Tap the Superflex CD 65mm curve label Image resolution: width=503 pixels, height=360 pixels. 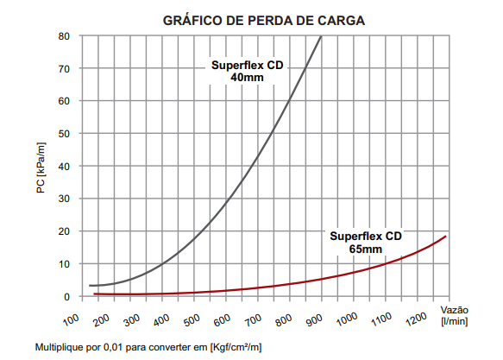(x=366, y=242)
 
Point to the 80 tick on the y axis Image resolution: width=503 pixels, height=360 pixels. (x=64, y=36)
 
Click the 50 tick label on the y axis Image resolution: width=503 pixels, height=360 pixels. (x=64, y=134)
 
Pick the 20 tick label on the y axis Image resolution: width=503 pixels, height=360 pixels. (x=64, y=231)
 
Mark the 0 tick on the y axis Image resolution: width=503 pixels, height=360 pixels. (x=66, y=297)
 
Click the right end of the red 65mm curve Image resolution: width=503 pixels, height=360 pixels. (x=446, y=236)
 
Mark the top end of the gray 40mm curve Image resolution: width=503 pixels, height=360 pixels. (x=321, y=36)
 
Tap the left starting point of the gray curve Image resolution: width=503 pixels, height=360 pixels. (x=90, y=285)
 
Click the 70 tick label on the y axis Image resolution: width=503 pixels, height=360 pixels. (x=64, y=69)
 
